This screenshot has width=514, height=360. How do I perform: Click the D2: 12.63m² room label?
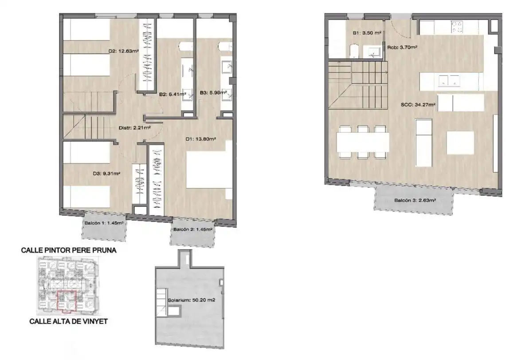tap(124, 51)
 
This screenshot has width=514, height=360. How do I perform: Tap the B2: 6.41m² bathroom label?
tap(173, 94)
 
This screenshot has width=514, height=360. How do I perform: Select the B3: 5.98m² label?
tap(214, 93)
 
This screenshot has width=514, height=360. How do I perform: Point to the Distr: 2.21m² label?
tap(134, 128)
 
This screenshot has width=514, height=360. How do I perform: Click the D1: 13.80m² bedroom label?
tap(200, 139)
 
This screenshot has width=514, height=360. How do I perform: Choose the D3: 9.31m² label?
tap(106, 174)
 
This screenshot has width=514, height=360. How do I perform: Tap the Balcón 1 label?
tap(104, 223)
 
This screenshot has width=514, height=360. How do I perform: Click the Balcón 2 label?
tap(193, 229)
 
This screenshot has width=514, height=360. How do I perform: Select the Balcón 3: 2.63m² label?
tap(415, 201)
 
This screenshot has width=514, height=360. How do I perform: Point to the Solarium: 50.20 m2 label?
tap(192, 300)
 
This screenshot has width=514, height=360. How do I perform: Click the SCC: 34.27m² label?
tap(418, 105)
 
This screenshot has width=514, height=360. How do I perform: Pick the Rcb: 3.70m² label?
tap(402, 47)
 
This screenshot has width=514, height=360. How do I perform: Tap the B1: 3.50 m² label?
tap(367, 33)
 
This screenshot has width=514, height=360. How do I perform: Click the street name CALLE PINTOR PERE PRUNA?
tap(69, 250)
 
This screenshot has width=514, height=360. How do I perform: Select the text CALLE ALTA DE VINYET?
tap(68, 322)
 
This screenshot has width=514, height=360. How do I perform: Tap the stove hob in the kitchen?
tap(457, 27)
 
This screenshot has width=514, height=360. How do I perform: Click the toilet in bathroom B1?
tap(354, 51)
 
